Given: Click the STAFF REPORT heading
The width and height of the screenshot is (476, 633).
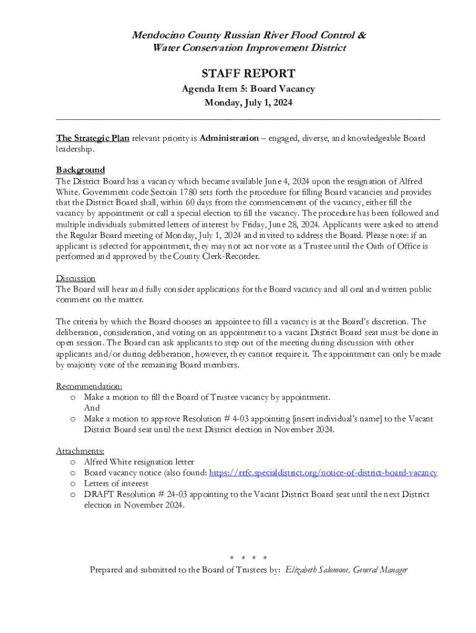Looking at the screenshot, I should coord(248,74).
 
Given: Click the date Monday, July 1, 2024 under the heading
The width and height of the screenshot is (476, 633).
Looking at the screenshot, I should coord(248,103).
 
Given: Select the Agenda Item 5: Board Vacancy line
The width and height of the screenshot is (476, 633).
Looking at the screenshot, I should coord(248,89).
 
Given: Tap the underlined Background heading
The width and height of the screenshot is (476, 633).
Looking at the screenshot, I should coord(80,170).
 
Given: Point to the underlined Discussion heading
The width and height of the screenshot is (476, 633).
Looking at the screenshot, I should coord(75,278).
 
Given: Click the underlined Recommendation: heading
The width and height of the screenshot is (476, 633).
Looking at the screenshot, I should coord(89,386).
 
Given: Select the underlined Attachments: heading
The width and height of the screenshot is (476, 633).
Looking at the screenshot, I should coord(80,451).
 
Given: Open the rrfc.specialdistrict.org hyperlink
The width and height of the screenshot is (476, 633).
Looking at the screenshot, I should coord(323,473).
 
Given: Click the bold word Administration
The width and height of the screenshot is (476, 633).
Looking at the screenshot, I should coord(229,138).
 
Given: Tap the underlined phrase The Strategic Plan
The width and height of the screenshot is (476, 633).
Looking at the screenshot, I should coord(93,138).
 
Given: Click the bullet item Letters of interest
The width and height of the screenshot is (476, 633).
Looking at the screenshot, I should coord(116,483).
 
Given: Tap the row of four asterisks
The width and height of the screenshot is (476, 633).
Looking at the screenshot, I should coord(248,559).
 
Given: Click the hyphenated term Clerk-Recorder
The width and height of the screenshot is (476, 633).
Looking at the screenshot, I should coord(231,257).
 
